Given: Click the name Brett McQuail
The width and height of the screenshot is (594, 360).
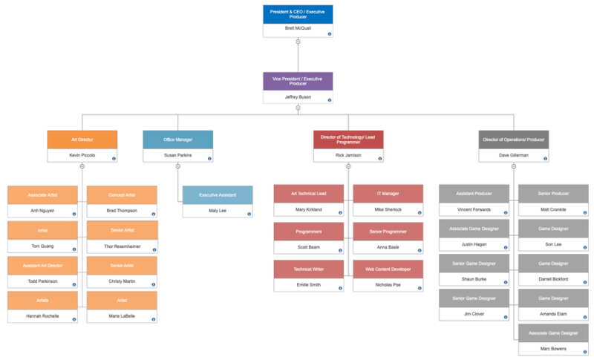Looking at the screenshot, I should (298, 28).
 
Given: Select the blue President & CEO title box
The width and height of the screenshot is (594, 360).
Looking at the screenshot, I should (298, 13).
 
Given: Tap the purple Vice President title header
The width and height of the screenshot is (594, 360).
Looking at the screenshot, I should (298, 81).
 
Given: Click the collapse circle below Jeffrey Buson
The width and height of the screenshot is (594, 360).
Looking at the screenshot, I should (298, 108).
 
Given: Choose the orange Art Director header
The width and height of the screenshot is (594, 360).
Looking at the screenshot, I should (82, 140).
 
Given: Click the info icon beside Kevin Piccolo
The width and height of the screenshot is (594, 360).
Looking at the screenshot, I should (114, 158).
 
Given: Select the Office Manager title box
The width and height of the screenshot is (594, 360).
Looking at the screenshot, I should (177, 140).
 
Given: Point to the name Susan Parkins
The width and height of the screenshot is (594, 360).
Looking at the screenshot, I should (177, 156).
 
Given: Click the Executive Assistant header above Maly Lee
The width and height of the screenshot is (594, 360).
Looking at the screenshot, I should (218, 194).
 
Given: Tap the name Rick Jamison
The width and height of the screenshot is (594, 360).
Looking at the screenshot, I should (347, 156).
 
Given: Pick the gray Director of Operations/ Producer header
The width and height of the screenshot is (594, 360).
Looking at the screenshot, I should (514, 140).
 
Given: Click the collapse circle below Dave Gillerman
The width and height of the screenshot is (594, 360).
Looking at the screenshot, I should (514, 166).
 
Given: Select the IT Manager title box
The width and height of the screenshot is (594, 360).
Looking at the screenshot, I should (388, 194).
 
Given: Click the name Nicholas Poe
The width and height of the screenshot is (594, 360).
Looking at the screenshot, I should (388, 284).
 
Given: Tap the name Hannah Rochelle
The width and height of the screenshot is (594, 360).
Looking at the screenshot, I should (42, 316).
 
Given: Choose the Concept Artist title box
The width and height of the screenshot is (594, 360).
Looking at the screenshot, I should (122, 194).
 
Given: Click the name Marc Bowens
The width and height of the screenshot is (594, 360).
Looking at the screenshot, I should (553, 349).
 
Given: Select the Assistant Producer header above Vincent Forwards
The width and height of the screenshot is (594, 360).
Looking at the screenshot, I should (474, 193).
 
